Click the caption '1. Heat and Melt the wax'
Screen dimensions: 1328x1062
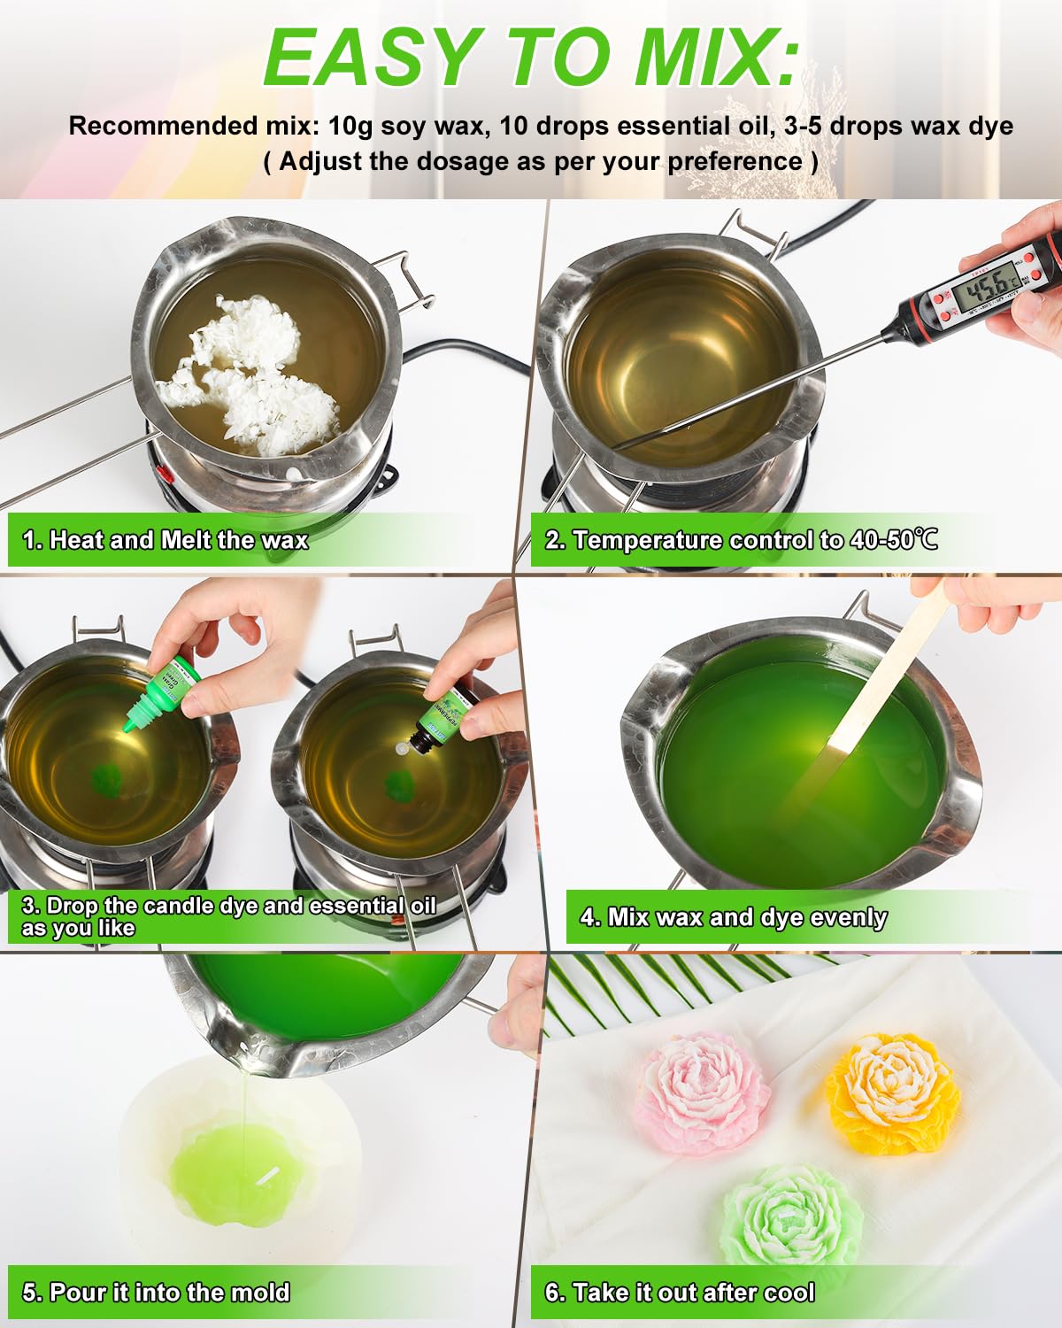tap(165, 540)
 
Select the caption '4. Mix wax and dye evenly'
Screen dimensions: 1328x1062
tap(733, 917)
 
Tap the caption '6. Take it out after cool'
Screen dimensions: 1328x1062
tap(679, 1293)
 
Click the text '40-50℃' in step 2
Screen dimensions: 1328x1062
tap(893, 540)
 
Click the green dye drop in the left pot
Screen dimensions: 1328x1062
tap(107, 778)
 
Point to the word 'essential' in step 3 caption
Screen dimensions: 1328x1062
tap(358, 906)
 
